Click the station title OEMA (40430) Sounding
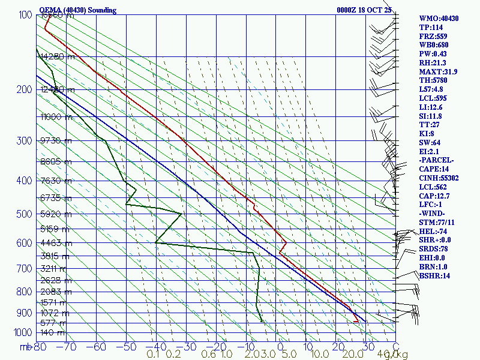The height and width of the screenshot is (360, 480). pyautogui.click(x=77, y=10)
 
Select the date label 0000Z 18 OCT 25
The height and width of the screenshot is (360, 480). pyautogui.click(x=364, y=10)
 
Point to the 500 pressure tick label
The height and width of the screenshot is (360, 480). pyautogui.click(x=23, y=214)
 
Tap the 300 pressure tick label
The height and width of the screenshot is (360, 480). pyautogui.click(x=23, y=141)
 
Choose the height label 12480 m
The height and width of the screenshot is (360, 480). pyautogui.click(x=56, y=90)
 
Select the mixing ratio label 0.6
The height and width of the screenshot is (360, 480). pyautogui.click(x=209, y=354)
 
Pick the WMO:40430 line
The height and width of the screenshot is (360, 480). pyautogui.click(x=439, y=19)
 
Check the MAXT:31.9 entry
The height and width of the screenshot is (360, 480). pyautogui.click(x=438, y=72)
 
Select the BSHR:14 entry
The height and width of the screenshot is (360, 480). pyautogui.click(x=434, y=276)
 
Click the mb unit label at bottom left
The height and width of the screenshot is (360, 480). pyautogui.click(x=26, y=346)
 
